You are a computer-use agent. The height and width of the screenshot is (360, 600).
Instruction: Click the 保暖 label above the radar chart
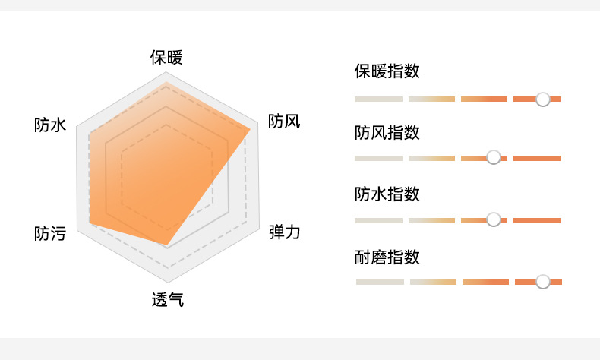tap(166, 58)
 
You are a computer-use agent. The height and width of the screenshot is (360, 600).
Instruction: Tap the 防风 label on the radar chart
tap(284, 122)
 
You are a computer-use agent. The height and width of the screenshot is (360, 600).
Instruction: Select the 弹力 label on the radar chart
tap(285, 232)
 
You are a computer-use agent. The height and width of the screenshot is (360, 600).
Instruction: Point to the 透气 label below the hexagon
tap(167, 299)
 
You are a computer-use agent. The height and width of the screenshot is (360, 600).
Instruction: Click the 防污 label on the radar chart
tap(49, 234)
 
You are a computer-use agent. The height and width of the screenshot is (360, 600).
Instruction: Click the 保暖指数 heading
tap(387, 72)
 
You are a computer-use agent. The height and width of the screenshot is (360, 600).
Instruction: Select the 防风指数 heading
tap(387, 133)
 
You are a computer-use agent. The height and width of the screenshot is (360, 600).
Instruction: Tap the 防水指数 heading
tap(387, 194)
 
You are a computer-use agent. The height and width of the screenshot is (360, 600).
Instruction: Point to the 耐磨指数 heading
tap(387, 257)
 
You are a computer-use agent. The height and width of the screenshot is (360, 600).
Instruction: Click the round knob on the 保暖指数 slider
tap(542, 99)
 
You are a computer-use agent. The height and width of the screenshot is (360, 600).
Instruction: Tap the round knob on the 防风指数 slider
tap(494, 157)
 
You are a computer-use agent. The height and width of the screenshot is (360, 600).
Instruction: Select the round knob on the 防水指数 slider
tap(494, 219)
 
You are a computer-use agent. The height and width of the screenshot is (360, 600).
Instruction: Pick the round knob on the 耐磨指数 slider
tap(542, 282)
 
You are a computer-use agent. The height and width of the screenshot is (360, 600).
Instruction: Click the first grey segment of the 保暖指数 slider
tap(378, 99)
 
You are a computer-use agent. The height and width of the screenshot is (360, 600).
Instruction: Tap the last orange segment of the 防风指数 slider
tap(537, 158)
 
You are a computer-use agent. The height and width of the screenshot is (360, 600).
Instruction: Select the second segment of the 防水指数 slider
tap(431, 220)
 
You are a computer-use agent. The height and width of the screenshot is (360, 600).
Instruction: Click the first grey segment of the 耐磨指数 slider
tap(380, 282)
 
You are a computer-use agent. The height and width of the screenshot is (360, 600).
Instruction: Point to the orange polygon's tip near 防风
tap(249, 129)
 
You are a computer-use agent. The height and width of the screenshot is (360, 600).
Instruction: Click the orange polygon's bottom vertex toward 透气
tap(167, 245)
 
